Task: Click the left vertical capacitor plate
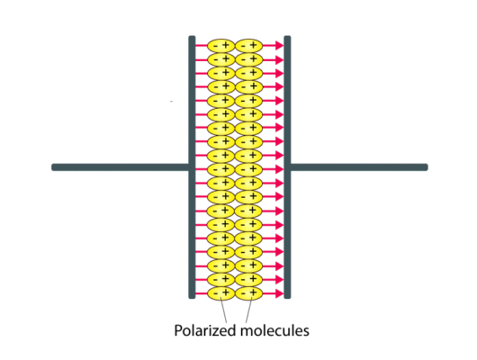click(192, 167)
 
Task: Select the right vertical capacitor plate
click(287, 167)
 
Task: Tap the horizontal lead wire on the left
click(121, 167)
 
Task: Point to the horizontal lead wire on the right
click(359, 167)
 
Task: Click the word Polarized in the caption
click(205, 330)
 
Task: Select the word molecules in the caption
click(274, 330)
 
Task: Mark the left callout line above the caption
click(223, 311)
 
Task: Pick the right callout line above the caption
click(248, 311)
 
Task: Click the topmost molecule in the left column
click(220, 46)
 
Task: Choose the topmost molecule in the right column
click(248, 46)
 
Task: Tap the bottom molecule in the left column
click(220, 293)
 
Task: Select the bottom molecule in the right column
click(248, 293)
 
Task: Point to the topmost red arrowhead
click(280, 46)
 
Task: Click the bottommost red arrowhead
click(280, 293)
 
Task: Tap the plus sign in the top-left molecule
click(225, 46)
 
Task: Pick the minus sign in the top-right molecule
click(243, 47)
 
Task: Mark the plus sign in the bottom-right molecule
click(254, 293)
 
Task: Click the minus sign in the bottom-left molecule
click(215, 294)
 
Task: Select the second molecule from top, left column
click(220, 59)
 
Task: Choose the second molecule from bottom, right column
click(248, 279)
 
